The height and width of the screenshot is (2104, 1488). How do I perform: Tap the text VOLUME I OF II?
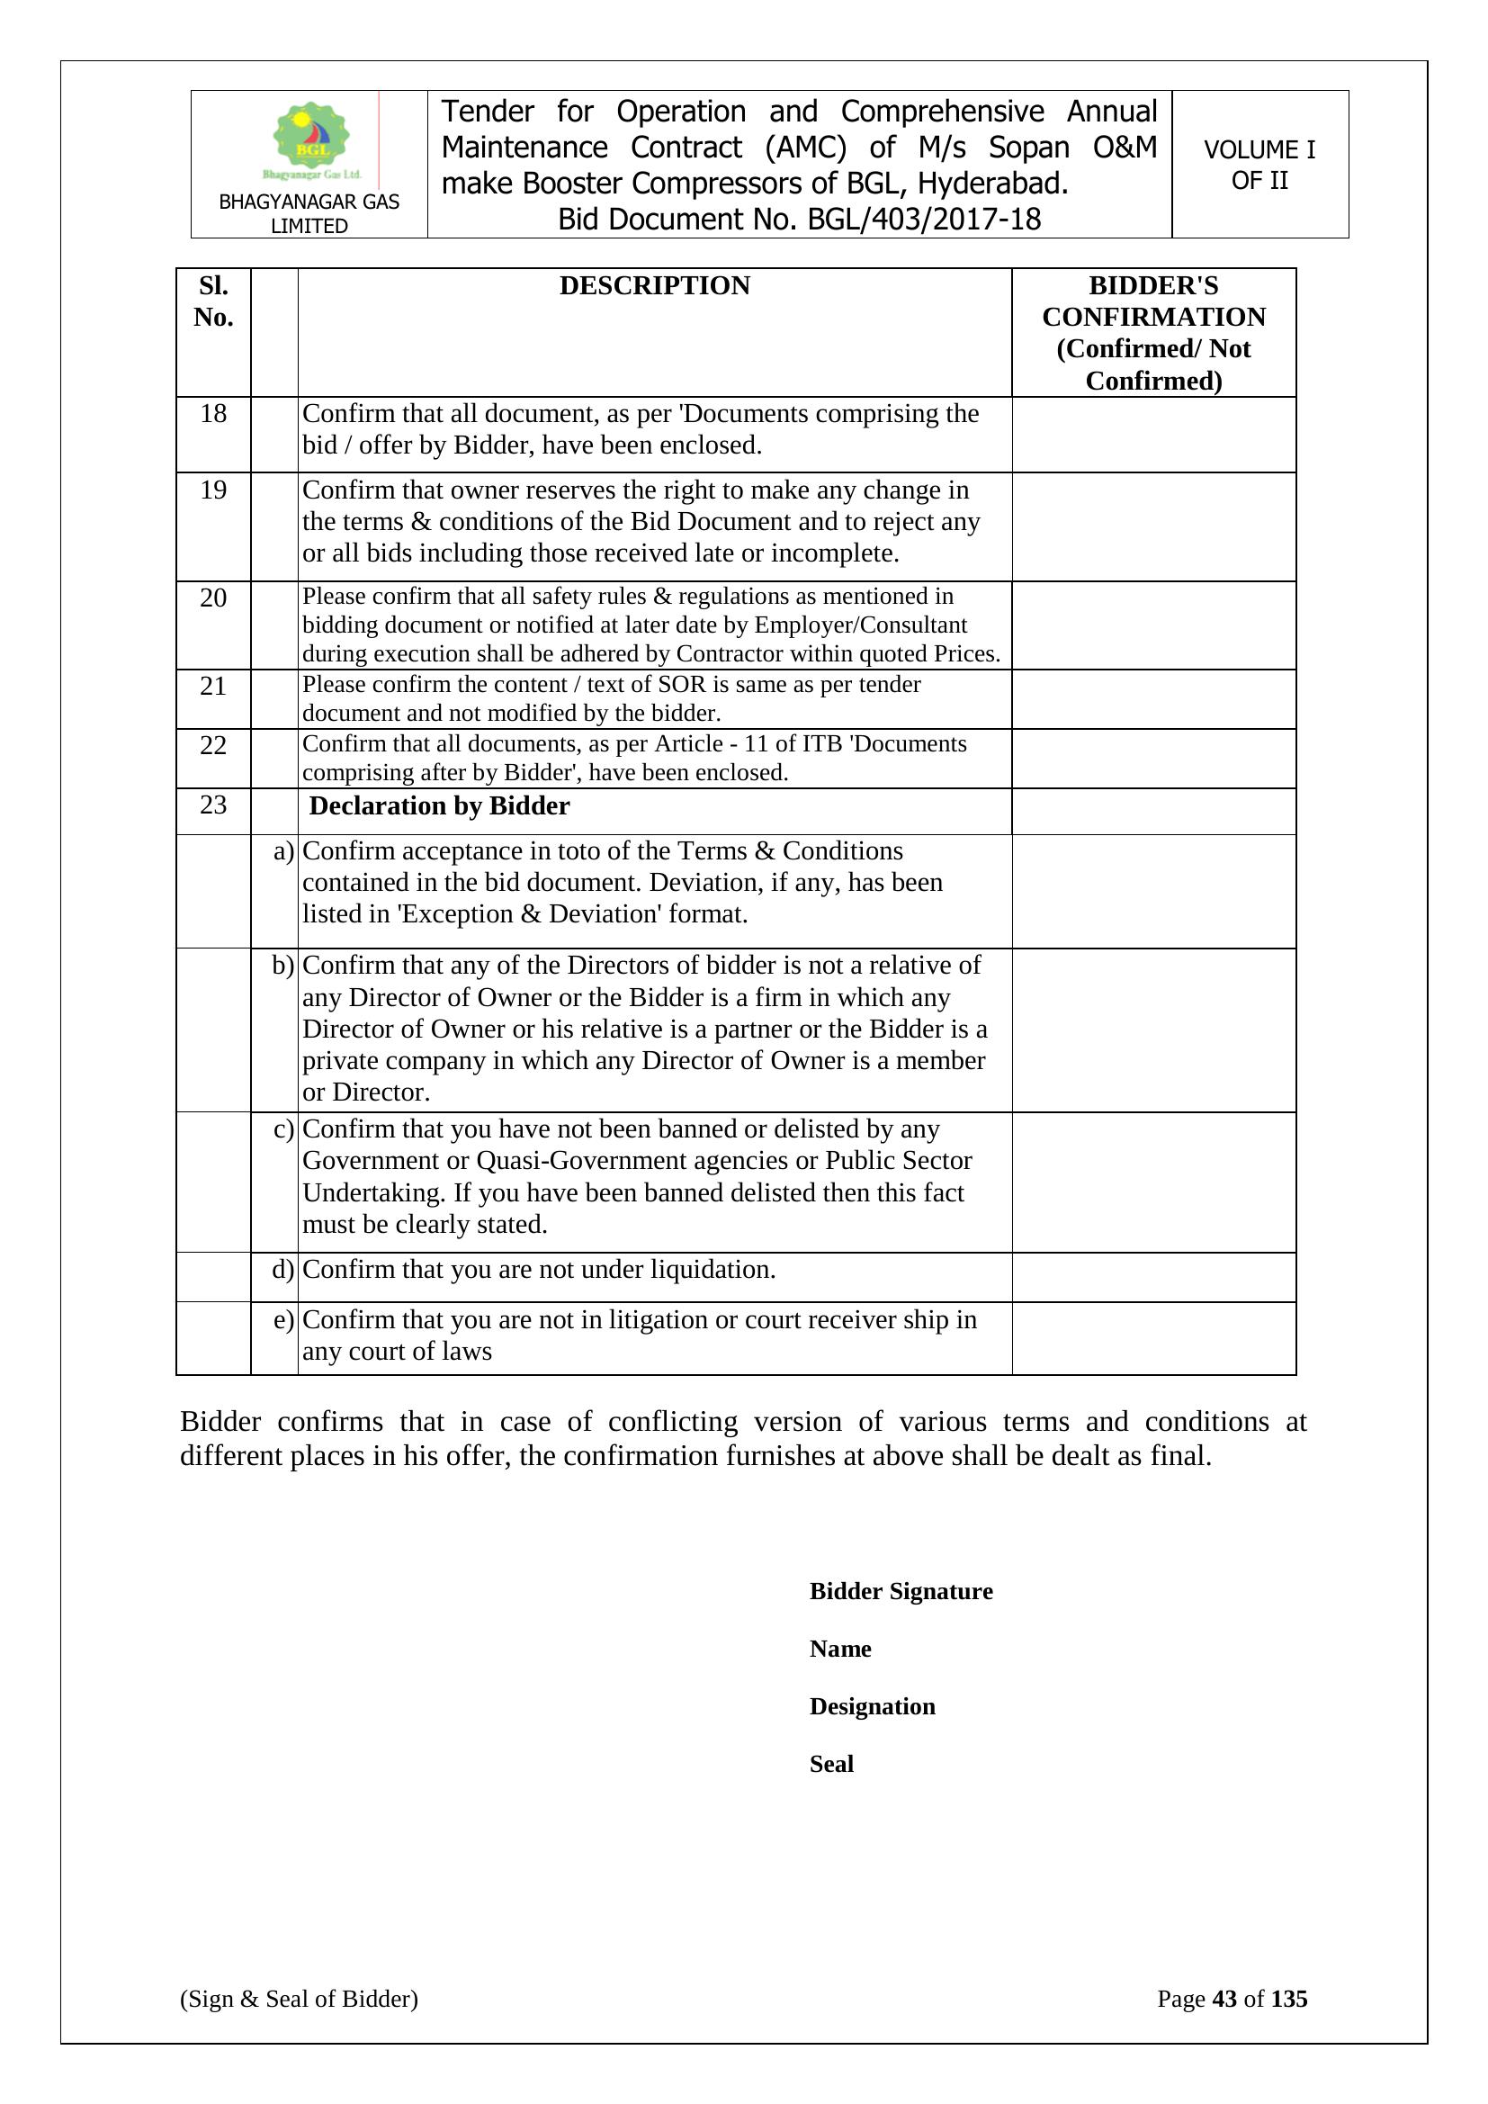pos(1259,165)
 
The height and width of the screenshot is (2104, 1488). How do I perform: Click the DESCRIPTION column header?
pos(654,286)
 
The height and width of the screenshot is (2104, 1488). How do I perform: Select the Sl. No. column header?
pos(213,301)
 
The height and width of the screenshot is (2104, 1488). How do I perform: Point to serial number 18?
pos(213,414)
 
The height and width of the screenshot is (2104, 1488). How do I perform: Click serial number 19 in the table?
pos(213,490)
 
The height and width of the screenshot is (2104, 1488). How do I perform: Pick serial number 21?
pos(213,686)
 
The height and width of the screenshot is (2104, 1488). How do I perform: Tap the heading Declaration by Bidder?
pos(439,806)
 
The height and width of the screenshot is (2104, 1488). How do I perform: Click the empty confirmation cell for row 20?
pos(1152,625)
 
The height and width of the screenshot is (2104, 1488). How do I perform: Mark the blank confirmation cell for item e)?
pos(1152,1338)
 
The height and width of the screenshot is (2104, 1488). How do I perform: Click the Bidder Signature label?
pos(901,1591)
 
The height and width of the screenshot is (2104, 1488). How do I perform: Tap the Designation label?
pos(873,1706)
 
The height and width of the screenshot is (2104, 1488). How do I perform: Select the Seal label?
pos(831,1764)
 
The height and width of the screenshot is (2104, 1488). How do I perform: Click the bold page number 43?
pos(1224,1999)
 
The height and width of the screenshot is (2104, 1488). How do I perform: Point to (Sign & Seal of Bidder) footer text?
pos(299,1999)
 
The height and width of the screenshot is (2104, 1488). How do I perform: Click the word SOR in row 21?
pos(682,685)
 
